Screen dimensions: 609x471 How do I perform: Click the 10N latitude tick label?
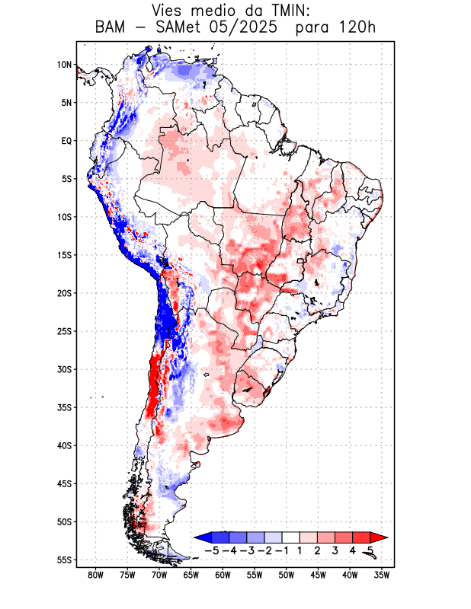pos(63,65)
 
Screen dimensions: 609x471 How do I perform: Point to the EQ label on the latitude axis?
pos(66,141)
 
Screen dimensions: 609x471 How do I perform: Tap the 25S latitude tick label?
pos(63,331)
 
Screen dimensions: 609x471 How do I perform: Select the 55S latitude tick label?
pos(63,560)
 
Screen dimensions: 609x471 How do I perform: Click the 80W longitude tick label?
pos(95,576)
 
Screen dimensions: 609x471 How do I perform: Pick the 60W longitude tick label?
pos(223,576)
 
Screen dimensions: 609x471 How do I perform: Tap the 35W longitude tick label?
pos(382,576)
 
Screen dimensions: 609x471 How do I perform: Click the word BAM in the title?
pos(111,28)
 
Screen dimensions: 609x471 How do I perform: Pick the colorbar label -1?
pos(282,550)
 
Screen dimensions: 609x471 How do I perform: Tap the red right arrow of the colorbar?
pos(379,537)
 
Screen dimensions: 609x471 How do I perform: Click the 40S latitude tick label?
pos(63,445)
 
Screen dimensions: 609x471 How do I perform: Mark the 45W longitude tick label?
pos(318,576)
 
